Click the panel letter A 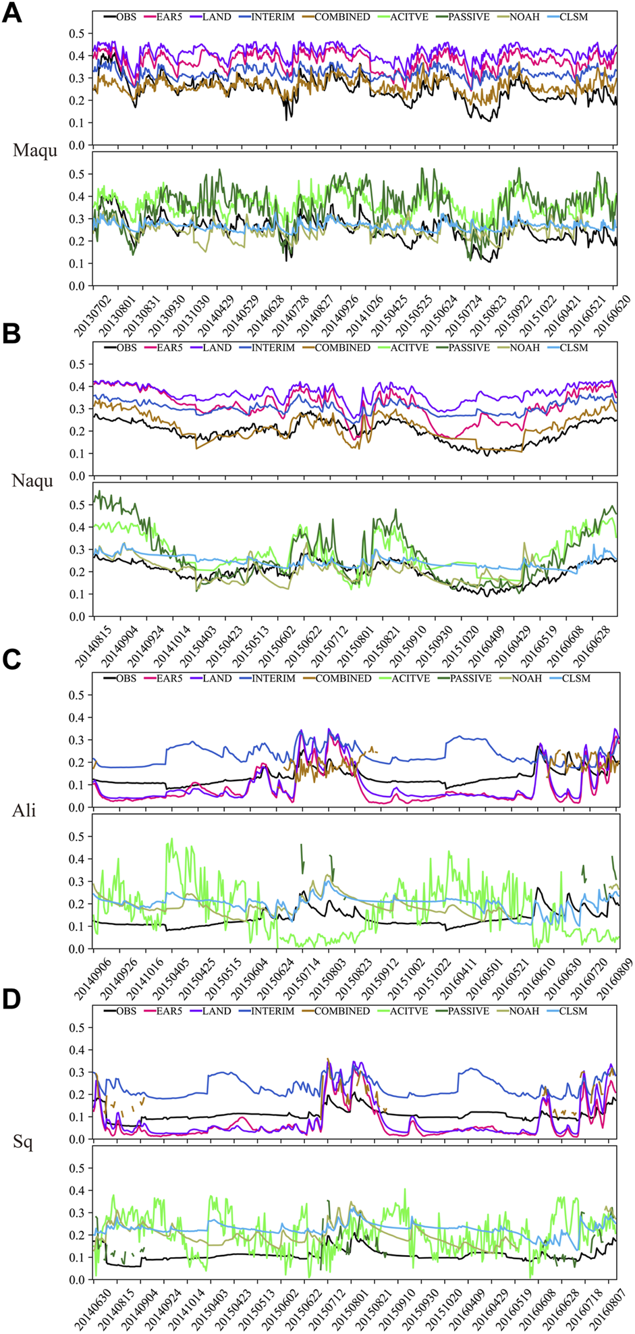(x=11, y=13)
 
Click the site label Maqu (x=35, y=150)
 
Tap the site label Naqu (x=32, y=481)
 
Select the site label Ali (x=24, y=810)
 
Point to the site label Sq (x=23, y=1142)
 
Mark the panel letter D (x=11, y=1000)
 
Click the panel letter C (x=11, y=660)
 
